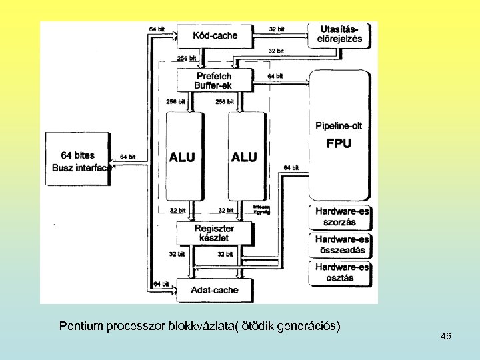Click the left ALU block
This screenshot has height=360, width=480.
click(183, 156)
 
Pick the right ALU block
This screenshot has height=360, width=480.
click(244, 156)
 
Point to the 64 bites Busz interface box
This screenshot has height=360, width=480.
click(77, 162)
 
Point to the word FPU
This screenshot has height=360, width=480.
click(339, 143)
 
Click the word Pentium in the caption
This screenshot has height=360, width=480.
click(77, 326)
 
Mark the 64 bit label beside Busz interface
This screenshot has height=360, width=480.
click(127, 157)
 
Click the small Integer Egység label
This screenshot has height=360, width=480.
click(261, 209)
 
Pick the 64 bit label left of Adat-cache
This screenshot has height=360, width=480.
click(161, 284)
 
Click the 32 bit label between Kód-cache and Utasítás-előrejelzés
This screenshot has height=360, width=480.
click(276, 29)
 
